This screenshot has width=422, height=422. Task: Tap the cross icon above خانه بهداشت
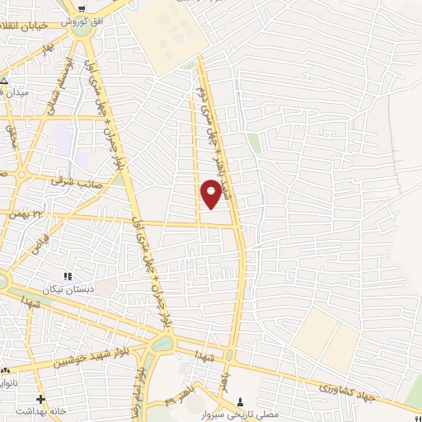40,400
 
